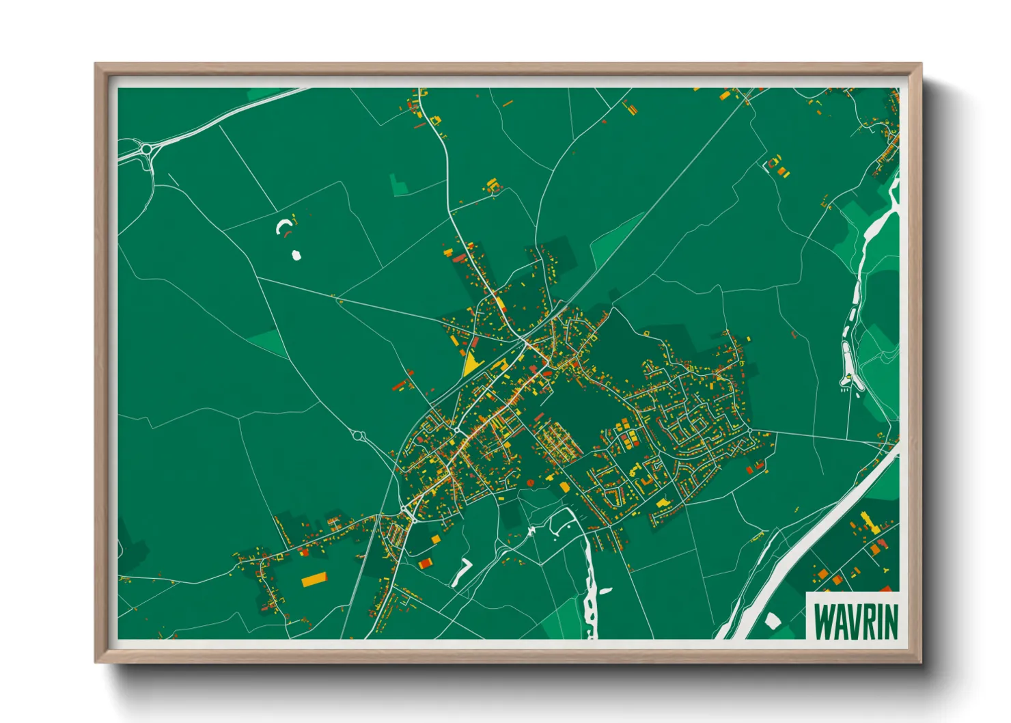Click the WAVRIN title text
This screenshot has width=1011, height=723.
tap(856, 620)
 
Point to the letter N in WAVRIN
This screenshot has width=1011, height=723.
tap(891, 620)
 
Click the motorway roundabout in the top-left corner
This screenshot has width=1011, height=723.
tap(147, 148)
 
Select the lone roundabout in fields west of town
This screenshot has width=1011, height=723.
tap(358, 435)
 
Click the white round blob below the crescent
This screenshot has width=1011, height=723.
tap(296, 256)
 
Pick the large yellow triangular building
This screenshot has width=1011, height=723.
tap(471, 364)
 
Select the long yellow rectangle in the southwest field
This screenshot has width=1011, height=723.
tap(314, 579)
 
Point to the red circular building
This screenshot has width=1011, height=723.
tap(530, 482)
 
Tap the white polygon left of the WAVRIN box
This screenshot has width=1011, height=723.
tap(773, 621)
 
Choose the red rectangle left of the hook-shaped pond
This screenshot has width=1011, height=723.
tap(426, 563)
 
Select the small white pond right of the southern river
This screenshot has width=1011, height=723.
tap(606, 591)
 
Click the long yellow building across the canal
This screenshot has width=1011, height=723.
tap(868, 523)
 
